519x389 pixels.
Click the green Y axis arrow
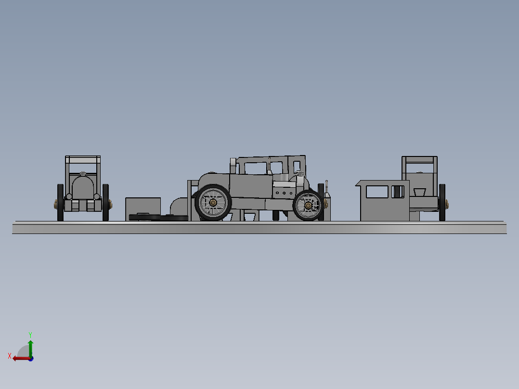click(30, 347)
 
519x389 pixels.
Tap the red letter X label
click(10, 356)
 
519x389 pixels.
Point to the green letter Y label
click(30, 334)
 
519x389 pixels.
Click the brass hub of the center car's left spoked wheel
click(213, 203)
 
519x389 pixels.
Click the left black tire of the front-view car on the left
click(60, 202)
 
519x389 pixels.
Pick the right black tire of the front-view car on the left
click(105, 202)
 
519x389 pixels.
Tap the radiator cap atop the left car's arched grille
click(83, 173)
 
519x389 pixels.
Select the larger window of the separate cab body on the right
click(376, 192)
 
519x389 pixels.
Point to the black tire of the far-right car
click(442, 202)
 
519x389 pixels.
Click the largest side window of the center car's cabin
click(255, 168)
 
